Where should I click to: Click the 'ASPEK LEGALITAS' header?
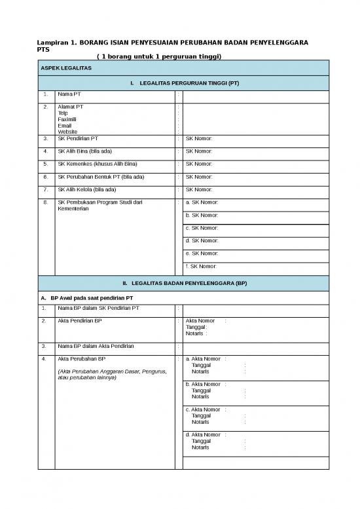click(x=66, y=68)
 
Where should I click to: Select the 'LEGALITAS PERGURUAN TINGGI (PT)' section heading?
click(x=189, y=84)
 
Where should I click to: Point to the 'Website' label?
click(x=68, y=131)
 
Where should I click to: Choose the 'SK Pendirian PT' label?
click(x=78, y=139)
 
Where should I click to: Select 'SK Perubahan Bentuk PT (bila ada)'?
click(x=101, y=177)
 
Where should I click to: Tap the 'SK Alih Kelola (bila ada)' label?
click(x=87, y=189)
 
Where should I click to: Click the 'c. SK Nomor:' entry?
click(x=202, y=228)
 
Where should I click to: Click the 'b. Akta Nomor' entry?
click(x=206, y=385)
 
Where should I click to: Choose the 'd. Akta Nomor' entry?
click(x=206, y=434)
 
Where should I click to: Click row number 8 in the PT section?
click(x=45, y=202)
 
